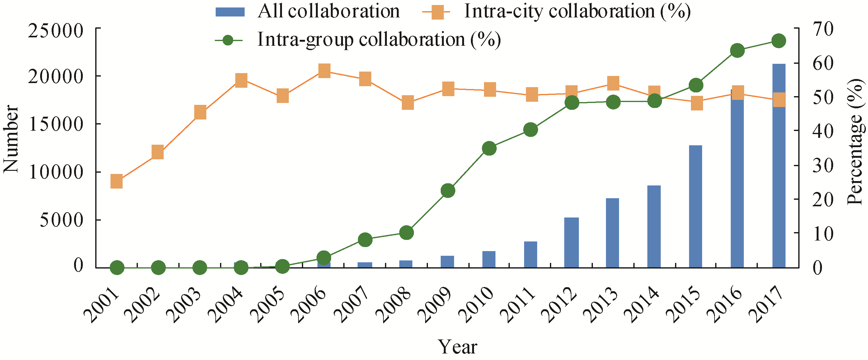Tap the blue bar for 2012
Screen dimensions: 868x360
[571, 242]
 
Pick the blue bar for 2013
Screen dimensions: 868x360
[612, 233]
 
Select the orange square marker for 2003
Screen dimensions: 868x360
[200, 112]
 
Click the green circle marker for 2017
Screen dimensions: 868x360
[779, 41]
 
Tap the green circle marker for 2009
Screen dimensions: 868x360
[448, 191]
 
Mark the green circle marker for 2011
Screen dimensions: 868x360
[530, 130]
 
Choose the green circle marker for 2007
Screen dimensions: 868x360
[365, 240]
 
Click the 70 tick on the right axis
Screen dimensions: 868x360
[823, 29]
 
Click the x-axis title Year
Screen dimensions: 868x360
[457, 347]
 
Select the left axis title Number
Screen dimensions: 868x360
[11, 139]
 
